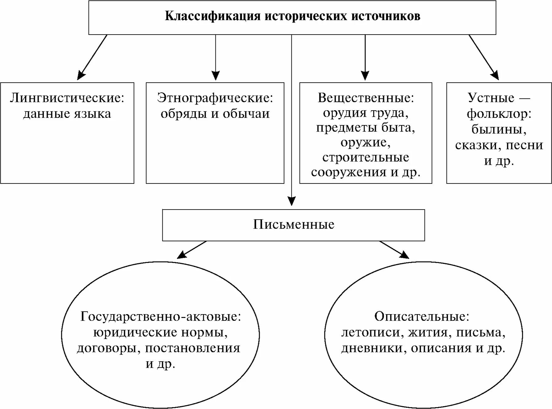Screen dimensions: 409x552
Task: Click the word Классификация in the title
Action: pyautogui.click(x=213, y=16)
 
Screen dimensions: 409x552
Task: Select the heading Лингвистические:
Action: pyautogui.click(x=67, y=98)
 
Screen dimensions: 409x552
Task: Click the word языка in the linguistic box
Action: pyautogui.click(x=93, y=113)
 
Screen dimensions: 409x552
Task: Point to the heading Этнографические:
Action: pyautogui.click(x=215, y=98)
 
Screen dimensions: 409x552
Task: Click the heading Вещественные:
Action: pyautogui.click(x=366, y=98)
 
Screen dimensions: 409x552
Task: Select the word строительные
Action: pyautogui.click(x=366, y=157)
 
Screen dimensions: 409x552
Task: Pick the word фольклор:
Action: pyautogui.click(x=499, y=113)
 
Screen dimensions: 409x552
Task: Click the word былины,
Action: pyautogui.click(x=499, y=129)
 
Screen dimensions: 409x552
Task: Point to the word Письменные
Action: pyautogui.click(x=294, y=225)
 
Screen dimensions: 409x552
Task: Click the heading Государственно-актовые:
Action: pyautogui.click(x=160, y=316)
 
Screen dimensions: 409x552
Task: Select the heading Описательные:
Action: pyautogui.click(x=422, y=316)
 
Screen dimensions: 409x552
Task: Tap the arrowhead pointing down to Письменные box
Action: pyautogui.click(x=292, y=201)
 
